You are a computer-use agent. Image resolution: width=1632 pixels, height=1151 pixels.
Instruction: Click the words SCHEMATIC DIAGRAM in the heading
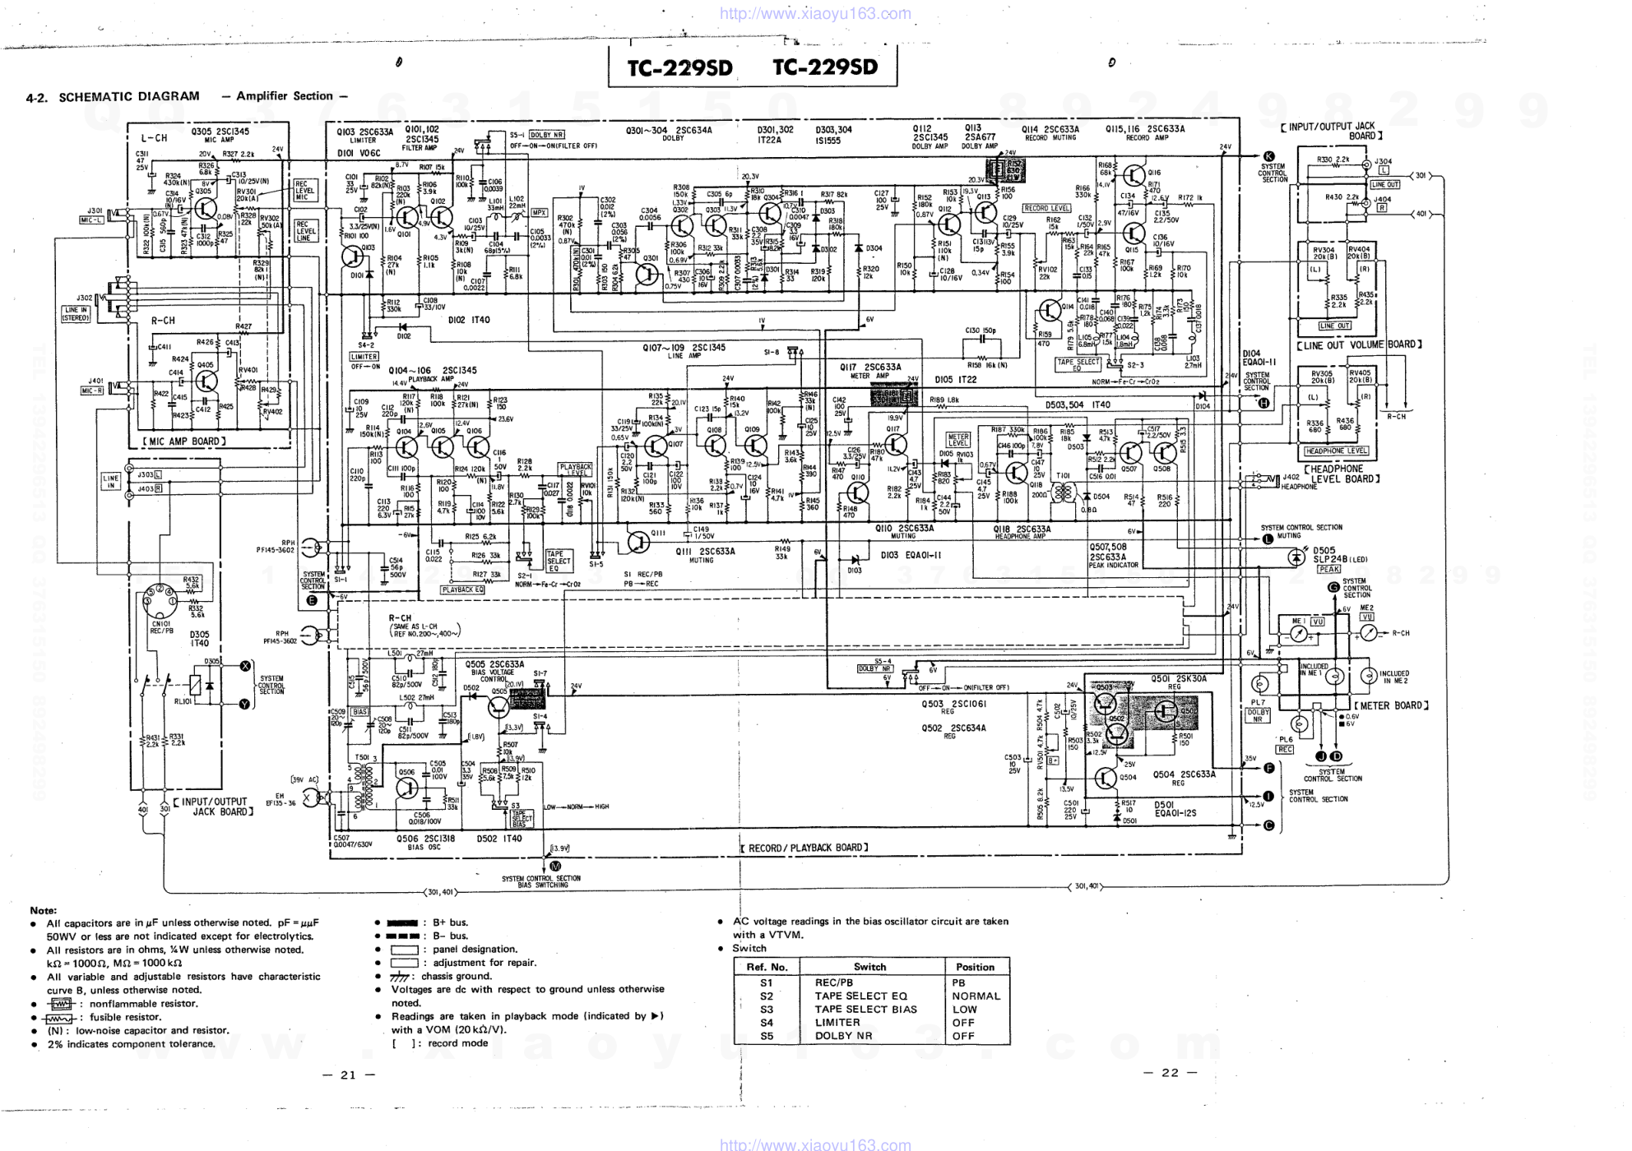pyautogui.click(x=129, y=96)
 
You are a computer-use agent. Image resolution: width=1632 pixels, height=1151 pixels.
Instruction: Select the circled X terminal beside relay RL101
pyautogui.click(x=244, y=666)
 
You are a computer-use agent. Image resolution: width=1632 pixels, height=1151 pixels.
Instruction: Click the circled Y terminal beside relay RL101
pyautogui.click(x=244, y=704)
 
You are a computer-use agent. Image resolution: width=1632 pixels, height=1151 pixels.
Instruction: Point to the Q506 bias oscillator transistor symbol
pyautogui.click(x=407, y=787)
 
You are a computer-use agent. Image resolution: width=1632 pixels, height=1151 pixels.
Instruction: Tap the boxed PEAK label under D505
pyautogui.click(x=1328, y=569)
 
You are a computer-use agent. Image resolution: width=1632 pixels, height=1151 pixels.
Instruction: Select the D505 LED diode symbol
pyautogui.click(x=1296, y=557)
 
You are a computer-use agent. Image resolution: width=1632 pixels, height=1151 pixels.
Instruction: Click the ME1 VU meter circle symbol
pyautogui.click(x=1298, y=634)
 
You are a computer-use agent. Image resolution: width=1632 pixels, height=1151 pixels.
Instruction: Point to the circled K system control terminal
pyautogui.click(x=1268, y=156)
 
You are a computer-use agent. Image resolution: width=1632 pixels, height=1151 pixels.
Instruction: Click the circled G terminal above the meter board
pyautogui.click(x=1333, y=586)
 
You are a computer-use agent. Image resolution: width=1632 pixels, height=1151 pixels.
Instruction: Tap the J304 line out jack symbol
pyautogui.click(x=1367, y=165)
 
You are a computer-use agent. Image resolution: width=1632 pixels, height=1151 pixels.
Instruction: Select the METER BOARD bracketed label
pyautogui.click(x=1392, y=705)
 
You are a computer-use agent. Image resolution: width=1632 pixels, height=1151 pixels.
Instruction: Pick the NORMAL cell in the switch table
pyautogui.click(x=976, y=996)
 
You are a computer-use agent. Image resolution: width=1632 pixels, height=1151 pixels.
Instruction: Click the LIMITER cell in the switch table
pyautogui.click(x=837, y=1023)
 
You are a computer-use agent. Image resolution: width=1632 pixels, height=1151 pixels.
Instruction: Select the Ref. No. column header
pyautogui.click(x=767, y=967)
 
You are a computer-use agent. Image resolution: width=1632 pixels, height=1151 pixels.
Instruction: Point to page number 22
pyautogui.click(x=1169, y=1072)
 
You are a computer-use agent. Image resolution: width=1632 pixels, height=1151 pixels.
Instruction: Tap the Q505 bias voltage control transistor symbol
pyautogui.click(x=499, y=705)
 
